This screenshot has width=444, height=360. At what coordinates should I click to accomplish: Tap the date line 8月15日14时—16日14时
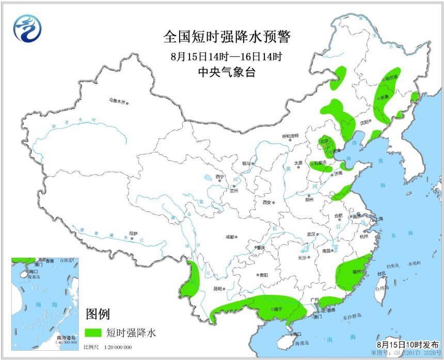click(x=227, y=56)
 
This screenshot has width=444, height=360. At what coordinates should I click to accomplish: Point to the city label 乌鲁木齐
click(x=117, y=101)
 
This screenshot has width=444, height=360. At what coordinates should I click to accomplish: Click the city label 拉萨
click(x=134, y=233)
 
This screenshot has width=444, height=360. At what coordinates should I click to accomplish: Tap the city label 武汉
click(x=311, y=234)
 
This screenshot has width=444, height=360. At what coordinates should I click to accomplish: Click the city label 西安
click(x=266, y=202)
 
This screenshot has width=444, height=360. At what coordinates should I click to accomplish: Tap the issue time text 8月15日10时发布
click(x=407, y=344)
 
